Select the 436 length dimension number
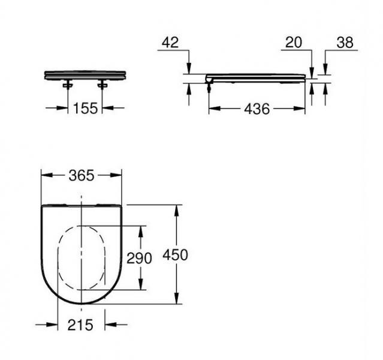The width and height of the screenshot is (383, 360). [x=256, y=109]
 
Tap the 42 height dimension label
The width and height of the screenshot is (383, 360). [x=171, y=43]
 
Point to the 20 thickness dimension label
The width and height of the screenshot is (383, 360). [x=294, y=43]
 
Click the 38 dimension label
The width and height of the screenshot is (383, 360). [x=345, y=43]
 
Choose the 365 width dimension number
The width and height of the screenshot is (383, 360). [x=81, y=175]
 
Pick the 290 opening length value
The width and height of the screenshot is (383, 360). [x=140, y=257]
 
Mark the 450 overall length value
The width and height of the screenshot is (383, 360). [x=176, y=255]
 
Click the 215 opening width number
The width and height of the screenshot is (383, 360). [x=80, y=325]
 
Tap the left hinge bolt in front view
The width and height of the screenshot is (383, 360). [x=68, y=85]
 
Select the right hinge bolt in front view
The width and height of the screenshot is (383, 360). [x=102, y=85]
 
